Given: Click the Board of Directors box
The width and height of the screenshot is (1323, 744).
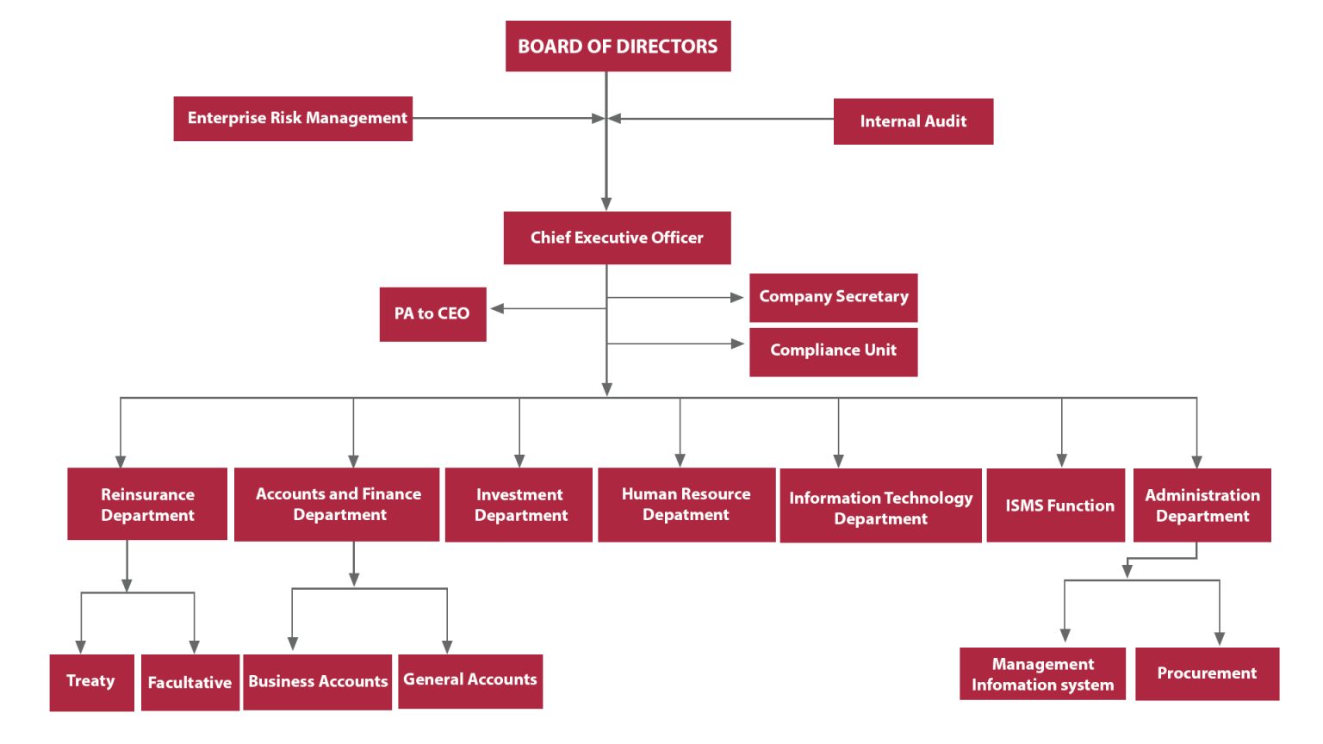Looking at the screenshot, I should click(x=618, y=46).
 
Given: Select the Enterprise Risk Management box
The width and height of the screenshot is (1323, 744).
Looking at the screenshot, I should click(x=293, y=119).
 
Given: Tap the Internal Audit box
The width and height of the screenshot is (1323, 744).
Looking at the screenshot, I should click(x=913, y=121).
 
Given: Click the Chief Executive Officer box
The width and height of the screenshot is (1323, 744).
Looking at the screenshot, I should click(x=617, y=238).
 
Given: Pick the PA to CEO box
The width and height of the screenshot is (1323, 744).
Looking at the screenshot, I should click(x=432, y=314).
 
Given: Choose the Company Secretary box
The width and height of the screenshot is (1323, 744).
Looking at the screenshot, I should click(x=833, y=297).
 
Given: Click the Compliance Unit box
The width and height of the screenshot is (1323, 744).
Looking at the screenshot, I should click(x=833, y=351).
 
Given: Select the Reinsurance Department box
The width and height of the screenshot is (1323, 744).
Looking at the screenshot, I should click(x=147, y=505).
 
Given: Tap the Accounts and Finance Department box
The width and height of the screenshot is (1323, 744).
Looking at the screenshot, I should click(x=337, y=505).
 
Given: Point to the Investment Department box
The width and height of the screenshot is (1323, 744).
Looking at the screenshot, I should click(x=519, y=505).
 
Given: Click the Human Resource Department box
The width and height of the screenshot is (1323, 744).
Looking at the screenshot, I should click(x=686, y=505).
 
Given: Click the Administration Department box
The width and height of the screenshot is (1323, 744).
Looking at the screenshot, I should click(x=1202, y=505).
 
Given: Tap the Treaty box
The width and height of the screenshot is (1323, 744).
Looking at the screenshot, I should click(x=91, y=682).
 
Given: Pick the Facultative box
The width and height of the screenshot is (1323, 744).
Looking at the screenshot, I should click(x=189, y=683).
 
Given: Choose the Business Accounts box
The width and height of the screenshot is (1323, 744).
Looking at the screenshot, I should click(x=317, y=682).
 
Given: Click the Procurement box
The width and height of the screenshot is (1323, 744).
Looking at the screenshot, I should click(x=1207, y=673).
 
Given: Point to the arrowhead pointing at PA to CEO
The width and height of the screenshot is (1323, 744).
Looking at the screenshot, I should click(x=498, y=308).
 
